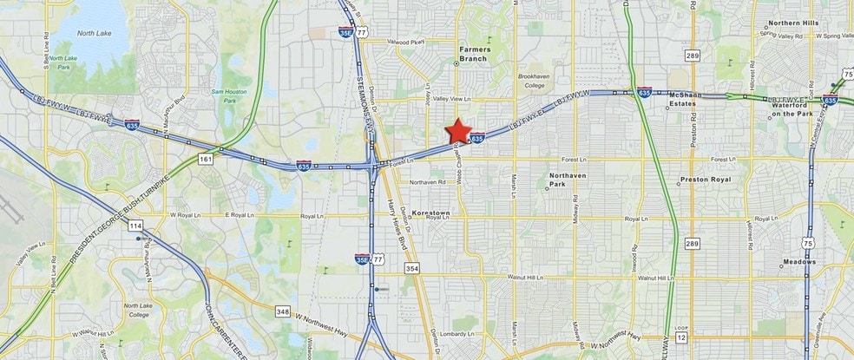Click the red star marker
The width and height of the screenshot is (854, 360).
click(458, 132)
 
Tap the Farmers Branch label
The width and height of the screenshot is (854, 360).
click(469, 54)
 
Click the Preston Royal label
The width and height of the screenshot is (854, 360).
click(706, 180)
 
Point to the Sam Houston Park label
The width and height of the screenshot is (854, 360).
click(229, 96)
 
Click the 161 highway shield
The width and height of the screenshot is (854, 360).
click(204, 159)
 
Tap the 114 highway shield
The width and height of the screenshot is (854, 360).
click(137, 226)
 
